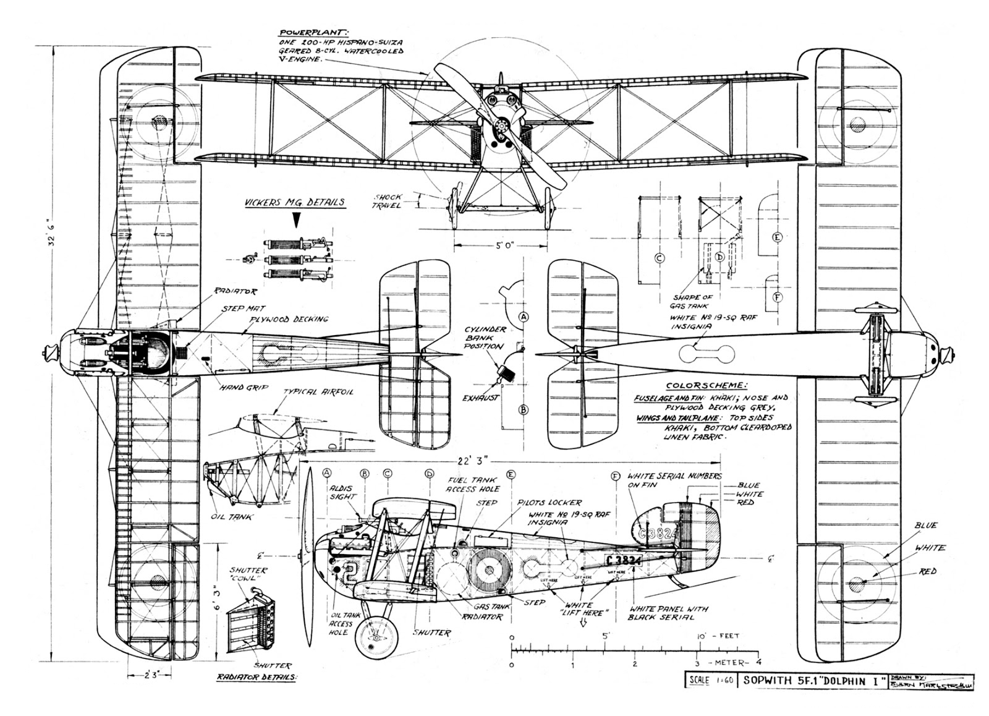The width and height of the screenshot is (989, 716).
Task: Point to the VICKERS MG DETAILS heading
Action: pyautogui.click(x=294, y=202)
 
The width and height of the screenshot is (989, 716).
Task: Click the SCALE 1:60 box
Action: pyautogui.click(x=709, y=681)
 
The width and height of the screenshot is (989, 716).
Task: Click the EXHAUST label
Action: pyautogui.click(x=480, y=398)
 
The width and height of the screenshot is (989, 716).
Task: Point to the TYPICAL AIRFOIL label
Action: pyautogui.click(x=318, y=393)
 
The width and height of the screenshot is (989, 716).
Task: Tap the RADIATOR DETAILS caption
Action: pyautogui.click(x=257, y=676)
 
